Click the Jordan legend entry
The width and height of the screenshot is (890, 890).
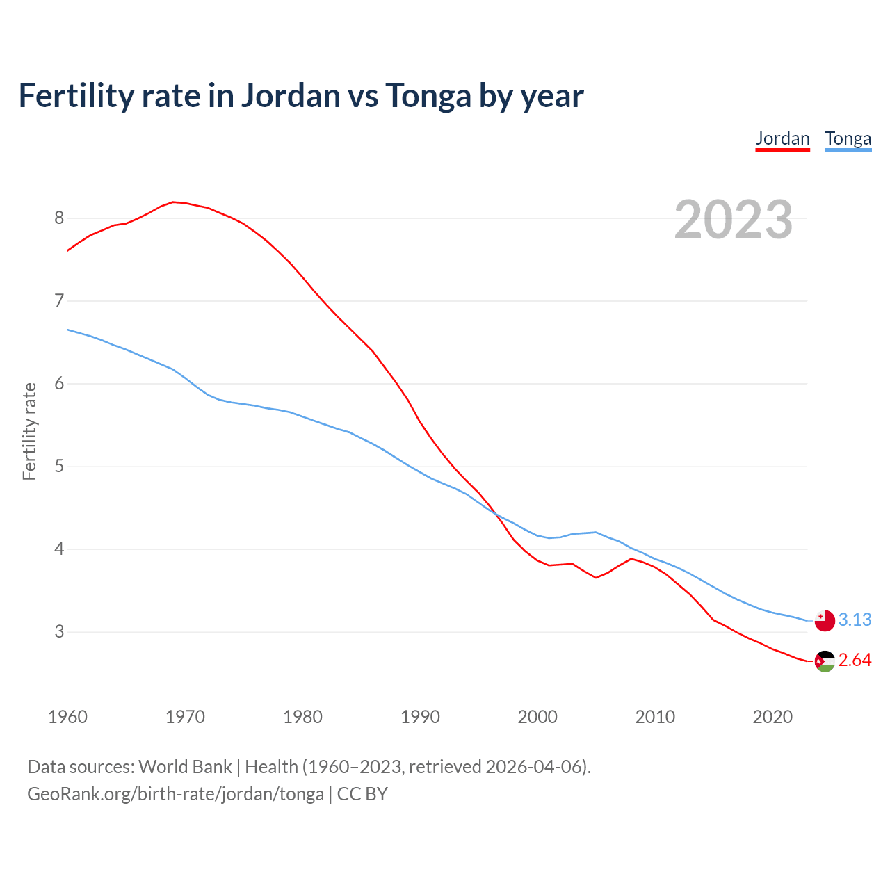(x=782, y=138)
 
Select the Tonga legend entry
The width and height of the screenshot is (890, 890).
(x=848, y=138)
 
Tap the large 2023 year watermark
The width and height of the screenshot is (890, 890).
(x=734, y=220)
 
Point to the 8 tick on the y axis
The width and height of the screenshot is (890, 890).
(x=59, y=218)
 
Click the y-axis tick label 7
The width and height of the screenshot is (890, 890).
(x=59, y=301)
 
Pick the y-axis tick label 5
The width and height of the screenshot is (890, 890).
(x=59, y=467)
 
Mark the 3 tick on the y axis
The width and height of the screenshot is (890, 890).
(x=59, y=632)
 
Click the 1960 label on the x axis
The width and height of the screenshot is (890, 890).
(x=67, y=717)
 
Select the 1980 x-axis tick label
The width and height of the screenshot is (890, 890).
(x=302, y=717)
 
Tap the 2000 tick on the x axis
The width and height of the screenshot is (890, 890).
(x=537, y=717)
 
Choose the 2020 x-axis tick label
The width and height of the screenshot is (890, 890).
(x=772, y=717)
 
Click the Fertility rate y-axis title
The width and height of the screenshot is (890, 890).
(x=29, y=431)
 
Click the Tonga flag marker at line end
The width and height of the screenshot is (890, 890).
(x=825, y=620)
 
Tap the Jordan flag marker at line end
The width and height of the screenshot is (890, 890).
(x=825, y=661)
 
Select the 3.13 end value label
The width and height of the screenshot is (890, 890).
(x=855, y=620)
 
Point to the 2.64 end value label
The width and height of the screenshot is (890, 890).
(x=855, y=661)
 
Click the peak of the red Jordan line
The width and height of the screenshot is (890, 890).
(x=173, y=202)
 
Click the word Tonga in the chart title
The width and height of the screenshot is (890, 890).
(x=428, y=96)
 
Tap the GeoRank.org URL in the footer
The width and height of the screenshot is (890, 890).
(x=175, y=794)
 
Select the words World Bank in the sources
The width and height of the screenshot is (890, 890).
(x=185, y=767)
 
